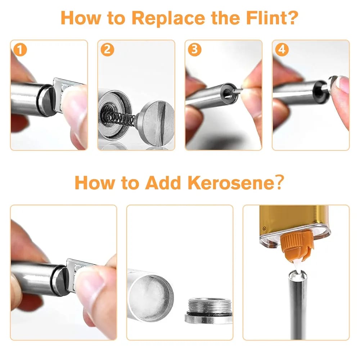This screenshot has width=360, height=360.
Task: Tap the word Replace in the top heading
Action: point(168,18)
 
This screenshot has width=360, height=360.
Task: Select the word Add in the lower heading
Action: point(163,183)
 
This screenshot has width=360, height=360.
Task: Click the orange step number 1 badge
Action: point(20,50)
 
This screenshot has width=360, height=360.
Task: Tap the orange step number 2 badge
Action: point(107,50)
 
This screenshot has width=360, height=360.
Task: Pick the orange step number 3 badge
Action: point(194,50)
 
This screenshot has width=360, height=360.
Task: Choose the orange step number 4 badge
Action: point(282,50)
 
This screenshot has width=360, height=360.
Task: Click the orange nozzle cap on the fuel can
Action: point(297,245)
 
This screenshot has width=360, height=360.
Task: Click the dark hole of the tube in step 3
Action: point(227,93)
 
